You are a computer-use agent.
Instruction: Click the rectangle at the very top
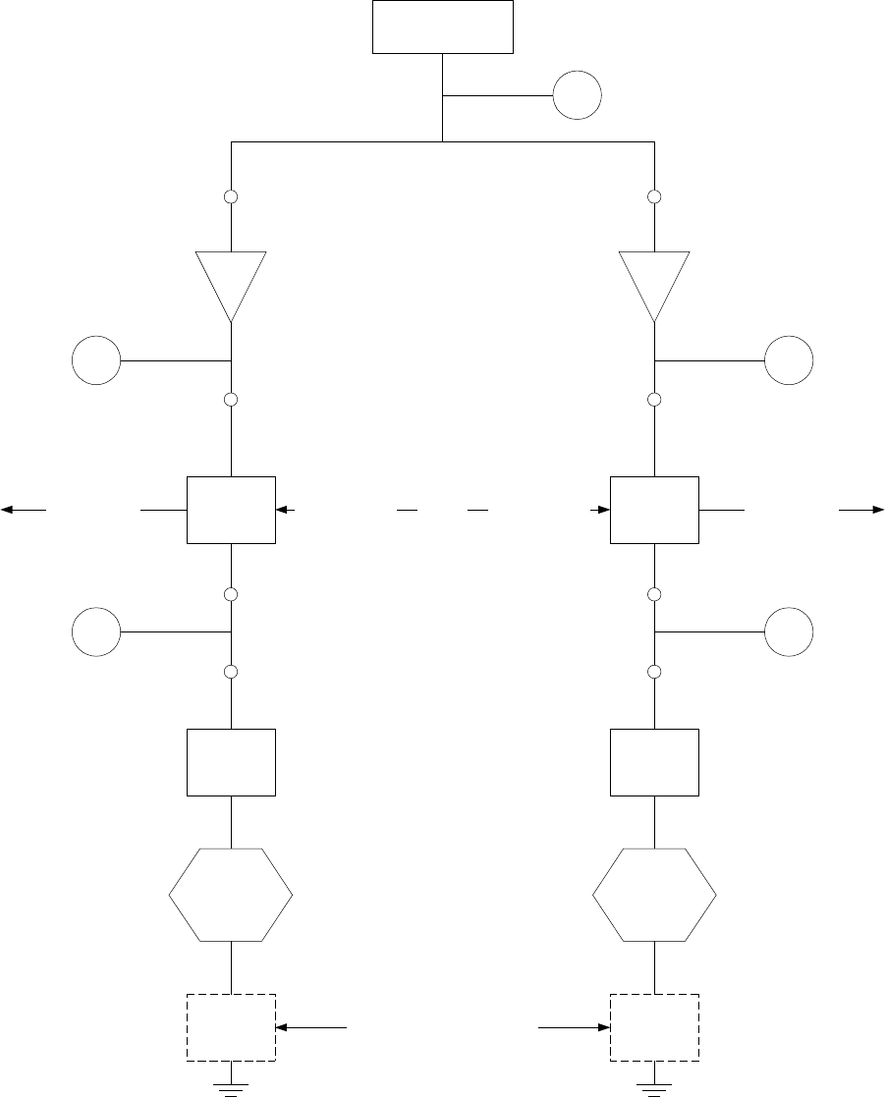(443, 27)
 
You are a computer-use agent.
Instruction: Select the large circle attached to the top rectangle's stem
(577, 96)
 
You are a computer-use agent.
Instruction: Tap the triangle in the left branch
(231, 281)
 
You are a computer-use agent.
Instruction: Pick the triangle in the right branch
(654, 281)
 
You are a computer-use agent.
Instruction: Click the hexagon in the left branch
(231, 894)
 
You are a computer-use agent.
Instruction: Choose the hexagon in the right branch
(654, 894)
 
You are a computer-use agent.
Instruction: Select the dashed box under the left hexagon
(231, 1027)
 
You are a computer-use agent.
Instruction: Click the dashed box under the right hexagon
(654, 1027)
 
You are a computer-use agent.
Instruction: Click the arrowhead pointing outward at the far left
(9, 510)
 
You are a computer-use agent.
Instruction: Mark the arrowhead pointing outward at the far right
(875, 510)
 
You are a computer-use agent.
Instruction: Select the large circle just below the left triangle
(96, 360)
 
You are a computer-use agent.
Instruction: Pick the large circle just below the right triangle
(790, 360)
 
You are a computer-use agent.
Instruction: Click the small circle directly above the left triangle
(231, 197)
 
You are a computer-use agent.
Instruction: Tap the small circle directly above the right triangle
(654, 197)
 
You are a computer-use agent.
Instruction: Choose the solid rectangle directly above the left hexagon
(231, 762)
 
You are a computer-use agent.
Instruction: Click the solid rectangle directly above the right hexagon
(654, 762)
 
